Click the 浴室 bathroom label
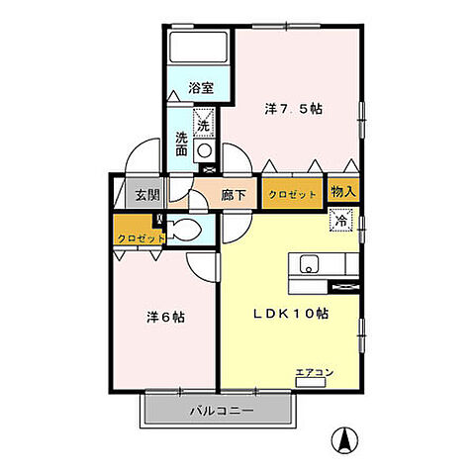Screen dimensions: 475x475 point(202,88)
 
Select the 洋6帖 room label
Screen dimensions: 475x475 point(165,318)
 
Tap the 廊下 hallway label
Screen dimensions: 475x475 point(234,195)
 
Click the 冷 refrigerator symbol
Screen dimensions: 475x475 point(337,222)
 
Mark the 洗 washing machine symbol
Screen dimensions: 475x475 point(203,125)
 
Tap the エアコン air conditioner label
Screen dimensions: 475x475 point(314,372)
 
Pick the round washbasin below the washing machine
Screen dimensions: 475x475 point(204,150)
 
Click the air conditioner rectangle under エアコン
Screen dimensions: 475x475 point(310,382)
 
